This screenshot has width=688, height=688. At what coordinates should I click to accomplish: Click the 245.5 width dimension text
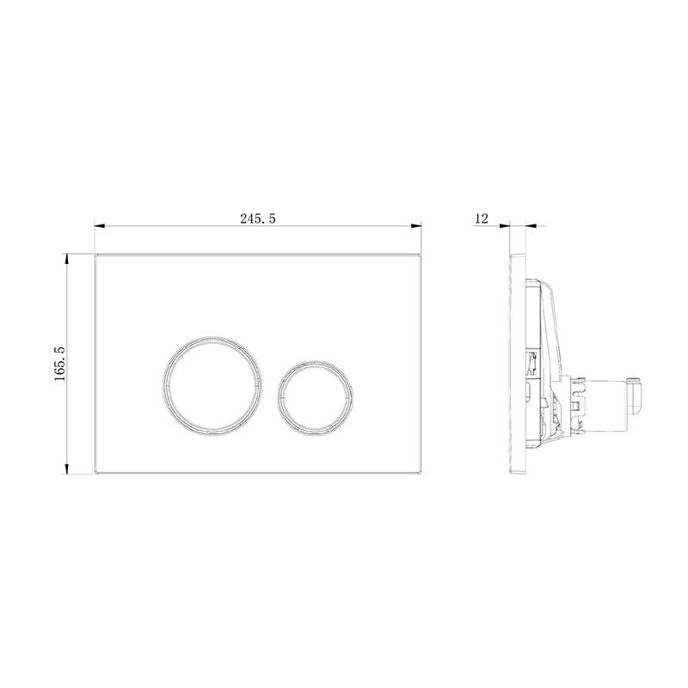[x=257, y=218]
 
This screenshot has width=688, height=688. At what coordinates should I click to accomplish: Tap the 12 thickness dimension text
[x=482, y=218]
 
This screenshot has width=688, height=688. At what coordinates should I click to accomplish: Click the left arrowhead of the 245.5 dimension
[x=100, y=226]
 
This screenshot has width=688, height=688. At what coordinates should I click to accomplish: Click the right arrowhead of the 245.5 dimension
[x=416, y=226]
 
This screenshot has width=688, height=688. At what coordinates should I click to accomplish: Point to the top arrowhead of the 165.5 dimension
[x=67, y=259]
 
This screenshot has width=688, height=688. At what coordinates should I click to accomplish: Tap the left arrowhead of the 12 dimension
[x=505, y=226]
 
